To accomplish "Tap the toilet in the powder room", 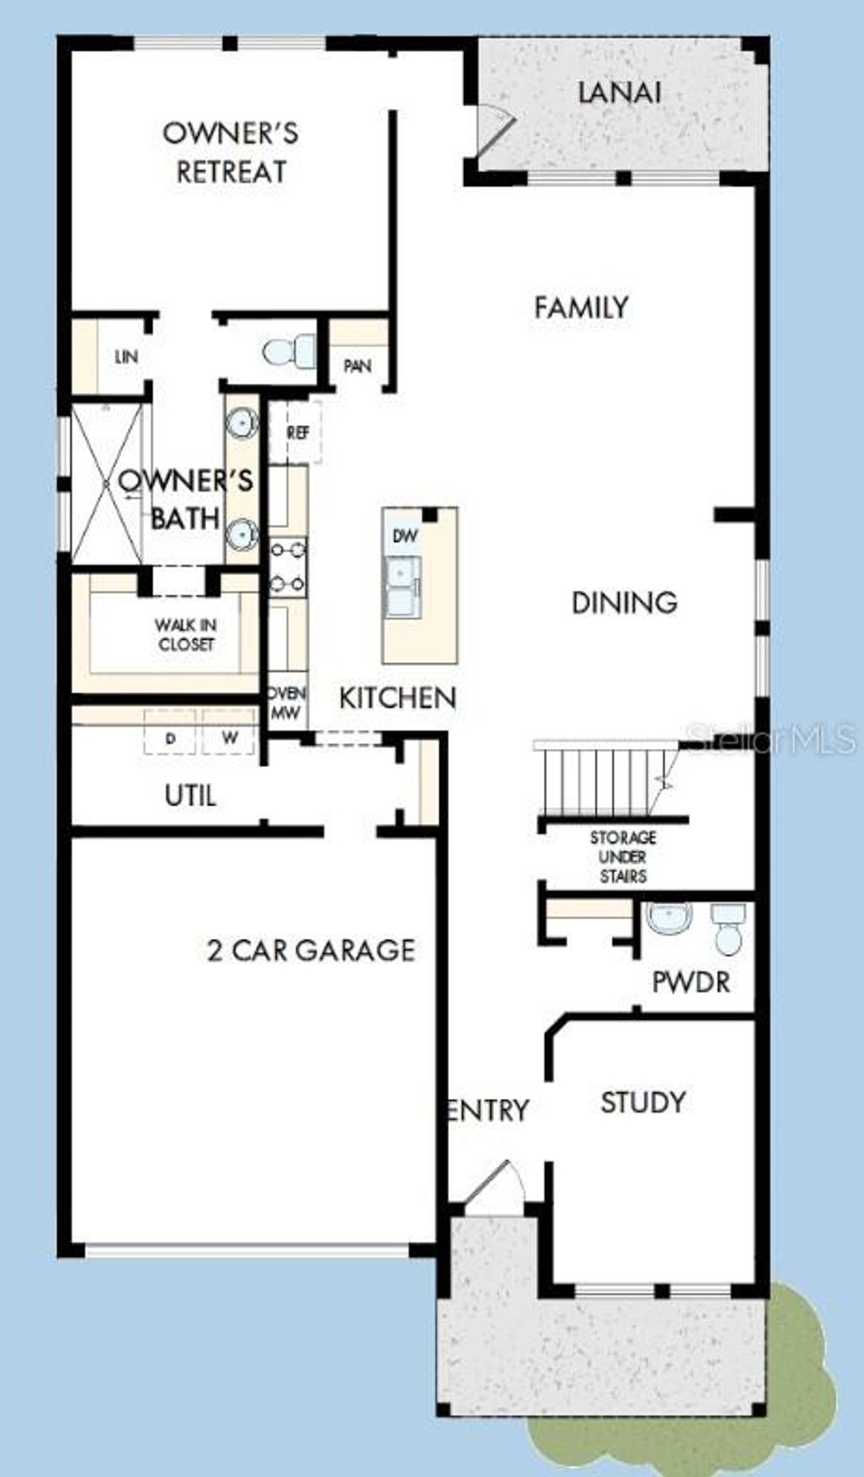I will click(726, 928).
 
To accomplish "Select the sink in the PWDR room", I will click(670, 918).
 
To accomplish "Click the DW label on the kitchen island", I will click(405, 536).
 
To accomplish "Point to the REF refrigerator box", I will click(297, 432).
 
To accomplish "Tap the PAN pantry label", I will click(358, 366).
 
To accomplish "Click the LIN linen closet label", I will click(127, 357).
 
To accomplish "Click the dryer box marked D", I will click(170, 738).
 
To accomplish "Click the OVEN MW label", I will click(287, 703).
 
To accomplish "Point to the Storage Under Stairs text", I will click(623, 856).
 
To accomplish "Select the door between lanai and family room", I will click(493, 131).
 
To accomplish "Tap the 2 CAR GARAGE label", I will click(311, 951).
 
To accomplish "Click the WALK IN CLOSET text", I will click(186, 634).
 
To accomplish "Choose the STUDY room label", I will click(642, 1102).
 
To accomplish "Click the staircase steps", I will click(599, 780).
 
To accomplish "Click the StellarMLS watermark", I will click(772, 741).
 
